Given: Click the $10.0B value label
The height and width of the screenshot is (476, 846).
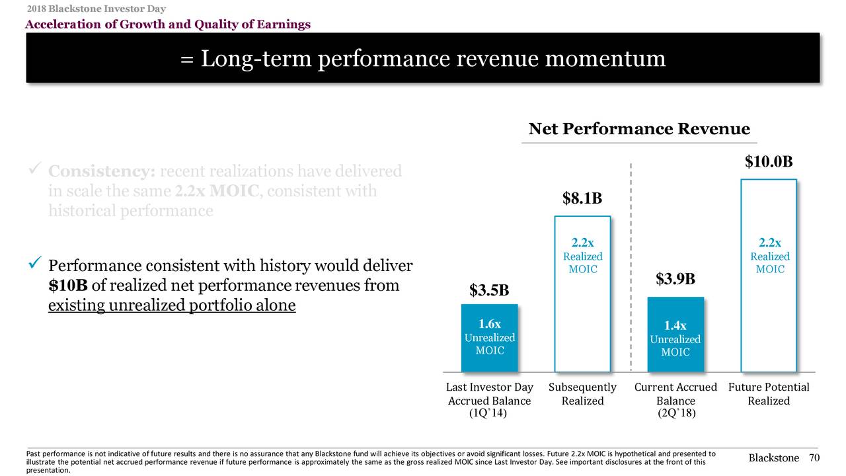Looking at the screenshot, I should pos(769,163).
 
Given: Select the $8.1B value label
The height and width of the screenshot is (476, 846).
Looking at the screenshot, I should pos(582,198).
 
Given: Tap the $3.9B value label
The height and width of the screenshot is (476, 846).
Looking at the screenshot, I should pos(675,280).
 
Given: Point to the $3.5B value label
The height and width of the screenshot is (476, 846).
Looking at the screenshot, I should pos(489,290).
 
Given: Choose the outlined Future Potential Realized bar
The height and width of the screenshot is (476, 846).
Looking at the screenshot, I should pos(769,317).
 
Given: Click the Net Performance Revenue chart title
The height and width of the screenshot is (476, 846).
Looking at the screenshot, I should pos(639,129).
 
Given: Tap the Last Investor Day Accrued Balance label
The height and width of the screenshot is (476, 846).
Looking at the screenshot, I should pos(489,394).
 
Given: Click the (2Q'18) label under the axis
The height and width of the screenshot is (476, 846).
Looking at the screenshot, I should pos(675,414).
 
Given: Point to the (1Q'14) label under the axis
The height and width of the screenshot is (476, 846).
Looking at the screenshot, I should pos(488,414).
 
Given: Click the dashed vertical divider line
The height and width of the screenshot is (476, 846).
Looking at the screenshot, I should pos(631,264).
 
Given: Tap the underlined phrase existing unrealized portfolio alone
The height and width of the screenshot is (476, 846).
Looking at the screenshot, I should pos(172,307).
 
